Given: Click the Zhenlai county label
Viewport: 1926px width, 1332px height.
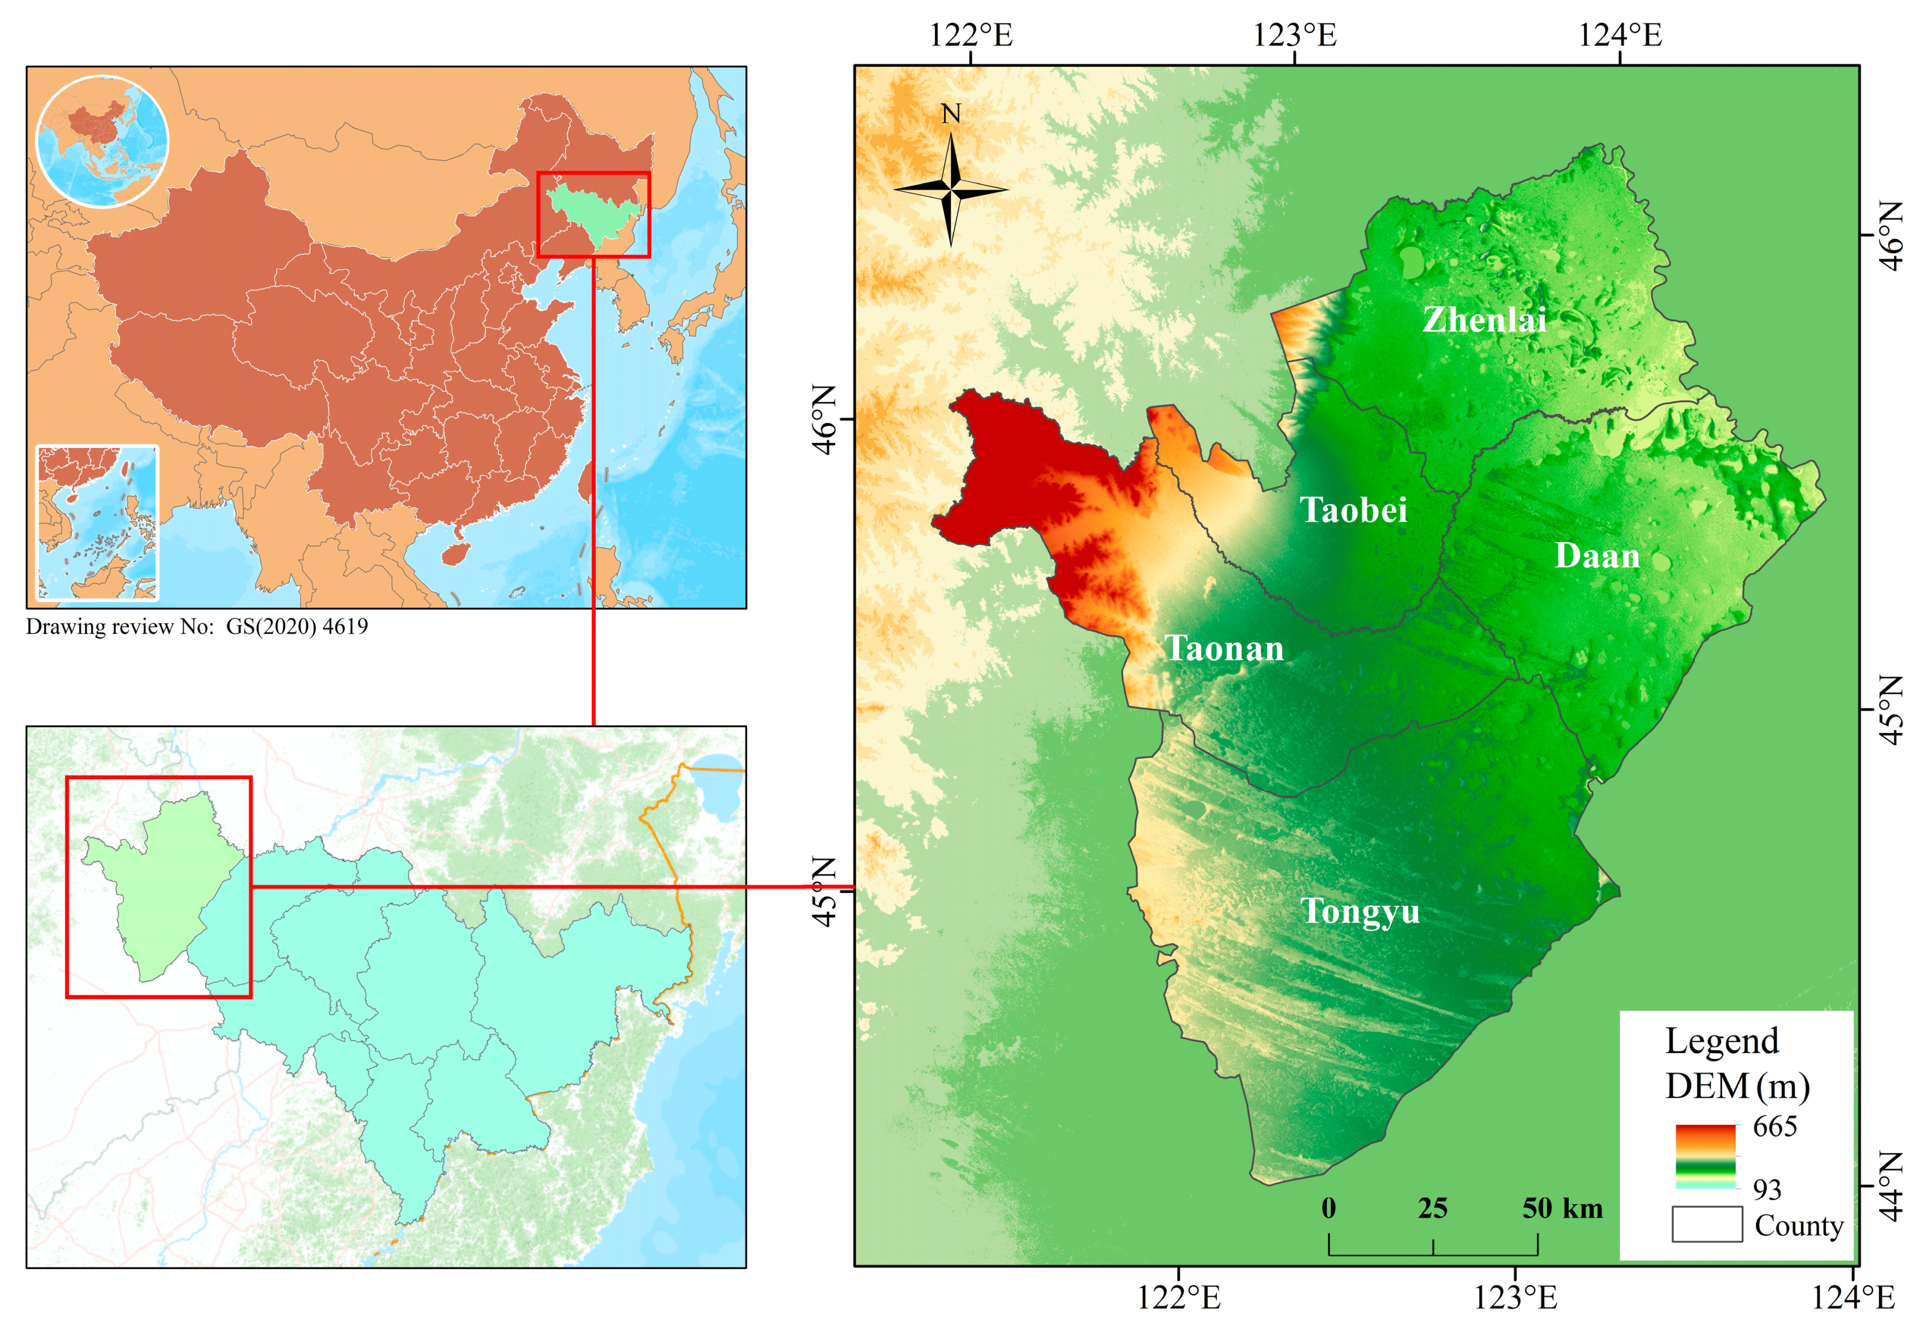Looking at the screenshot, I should tap(1483, 320).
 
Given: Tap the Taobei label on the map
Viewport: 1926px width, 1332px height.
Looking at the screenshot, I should tap(1354, 510).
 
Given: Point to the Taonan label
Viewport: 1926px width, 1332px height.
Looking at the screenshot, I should tap(1224, 648).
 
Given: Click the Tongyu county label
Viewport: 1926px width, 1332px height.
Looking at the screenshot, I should tap(1360, 912).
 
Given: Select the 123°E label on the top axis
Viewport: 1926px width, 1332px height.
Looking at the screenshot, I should tap(1294, 35).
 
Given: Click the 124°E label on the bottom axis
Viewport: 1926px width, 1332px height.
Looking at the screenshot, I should tap(1852, 1297).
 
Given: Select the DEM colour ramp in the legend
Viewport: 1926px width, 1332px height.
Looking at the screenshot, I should tap(1705, 1157).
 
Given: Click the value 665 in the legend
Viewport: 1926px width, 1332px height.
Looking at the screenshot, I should tap(1774, 1127).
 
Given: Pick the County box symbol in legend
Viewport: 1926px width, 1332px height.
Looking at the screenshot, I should tap(1706, 1224).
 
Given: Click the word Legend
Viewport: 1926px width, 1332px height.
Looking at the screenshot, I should tap(1721, 1040).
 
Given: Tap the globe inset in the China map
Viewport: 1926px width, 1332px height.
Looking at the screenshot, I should tap(102, 141).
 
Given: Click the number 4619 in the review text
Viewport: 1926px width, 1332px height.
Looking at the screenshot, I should tap(345, 627).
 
